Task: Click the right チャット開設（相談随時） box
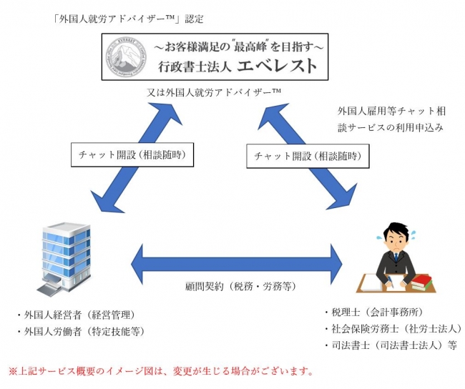303,154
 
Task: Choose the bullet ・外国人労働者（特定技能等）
84,331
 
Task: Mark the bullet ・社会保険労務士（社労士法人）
388,329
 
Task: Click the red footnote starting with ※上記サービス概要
160,372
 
